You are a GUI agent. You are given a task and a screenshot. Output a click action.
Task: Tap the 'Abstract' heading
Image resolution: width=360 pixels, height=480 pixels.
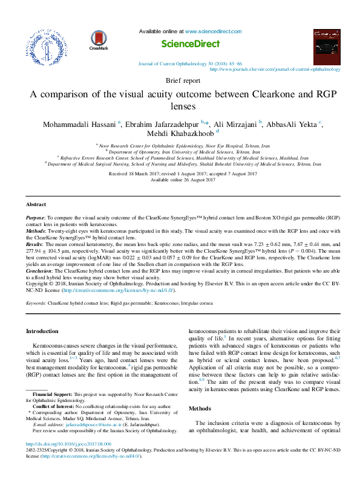click(x=36, y=204)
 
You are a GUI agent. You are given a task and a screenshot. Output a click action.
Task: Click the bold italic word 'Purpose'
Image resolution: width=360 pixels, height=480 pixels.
click(x=36, y=216)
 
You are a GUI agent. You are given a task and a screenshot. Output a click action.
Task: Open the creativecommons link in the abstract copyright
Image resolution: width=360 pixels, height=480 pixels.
click(x=106, y=291)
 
